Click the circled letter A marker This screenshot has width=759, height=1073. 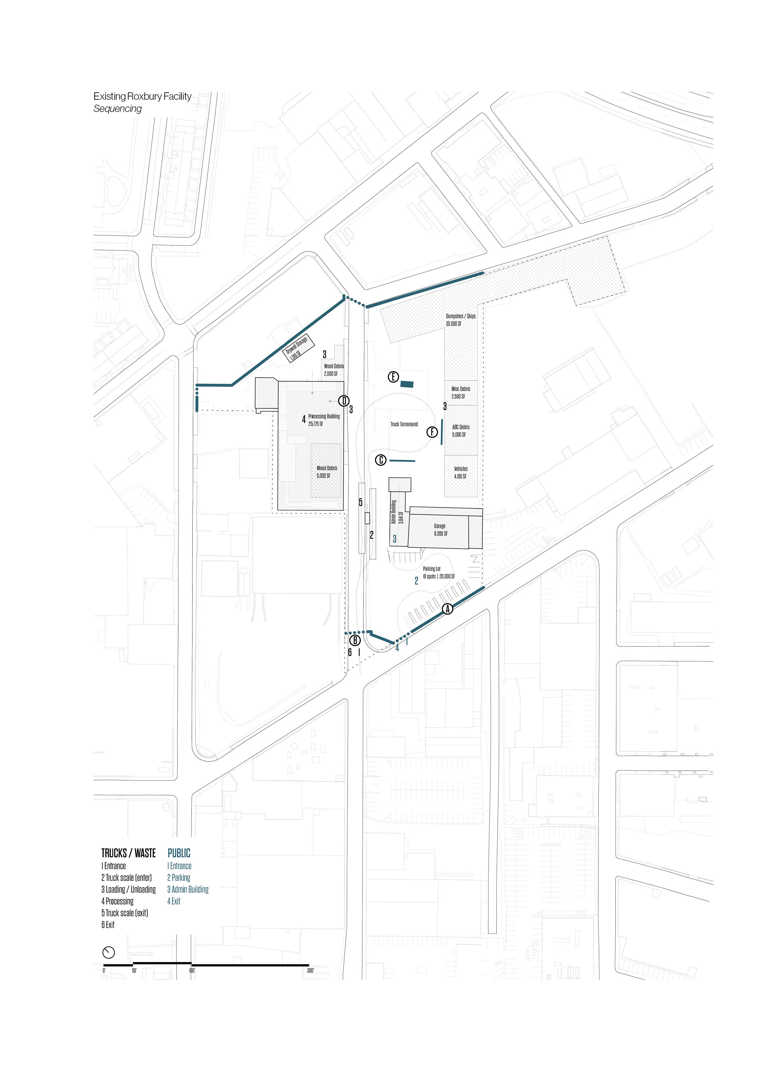(x=447, y=609)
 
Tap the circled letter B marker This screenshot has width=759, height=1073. (x=355, y=640)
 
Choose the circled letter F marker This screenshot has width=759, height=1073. (x=432, y=432)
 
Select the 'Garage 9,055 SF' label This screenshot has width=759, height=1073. (x=440, y=530)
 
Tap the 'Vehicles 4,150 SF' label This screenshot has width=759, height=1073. (x=460, y=472)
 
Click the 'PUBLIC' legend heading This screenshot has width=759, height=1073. (x=179, y=853)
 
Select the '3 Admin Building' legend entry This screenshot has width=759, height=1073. (x=188, y=889)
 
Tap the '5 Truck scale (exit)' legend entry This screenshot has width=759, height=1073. (x=125, y=913)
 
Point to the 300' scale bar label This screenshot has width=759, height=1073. (x=310, y=971)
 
